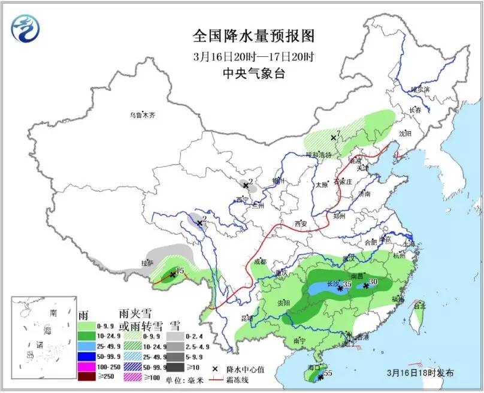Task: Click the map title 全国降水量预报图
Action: [x=254, y=36]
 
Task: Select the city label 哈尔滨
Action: [x=421, y=89]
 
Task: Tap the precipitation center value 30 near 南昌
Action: [x=373, y=282]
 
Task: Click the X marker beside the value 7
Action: [x=332, y=138]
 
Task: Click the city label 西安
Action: [x=300, y=224]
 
